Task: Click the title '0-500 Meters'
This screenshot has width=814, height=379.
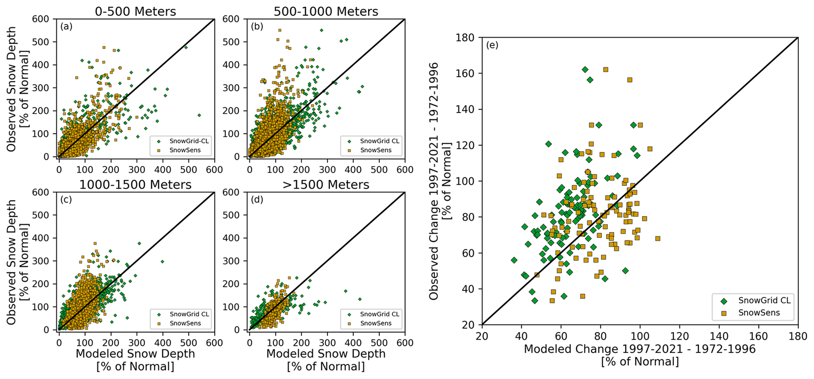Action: (135, 11)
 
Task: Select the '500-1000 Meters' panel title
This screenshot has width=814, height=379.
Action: (326, 11)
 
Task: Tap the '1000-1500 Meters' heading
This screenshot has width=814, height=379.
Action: (135, 185)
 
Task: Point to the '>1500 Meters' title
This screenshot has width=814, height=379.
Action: (326, 185)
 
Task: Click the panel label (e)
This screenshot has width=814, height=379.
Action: (492, 45)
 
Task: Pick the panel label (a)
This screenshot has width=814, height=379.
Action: (66, 26)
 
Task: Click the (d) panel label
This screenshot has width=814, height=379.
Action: (257, 200)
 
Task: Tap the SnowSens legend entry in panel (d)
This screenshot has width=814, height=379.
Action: (376, 323)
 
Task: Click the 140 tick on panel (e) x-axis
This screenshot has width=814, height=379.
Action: (719, 336)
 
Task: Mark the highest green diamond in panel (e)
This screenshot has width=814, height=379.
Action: (585, 70)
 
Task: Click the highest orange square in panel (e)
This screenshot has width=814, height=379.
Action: (606, 70)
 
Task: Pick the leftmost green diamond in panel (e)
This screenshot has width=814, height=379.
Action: (514, 260)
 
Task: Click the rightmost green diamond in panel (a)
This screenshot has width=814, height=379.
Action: (199, 115)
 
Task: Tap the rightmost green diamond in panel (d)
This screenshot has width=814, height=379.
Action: (360, 299)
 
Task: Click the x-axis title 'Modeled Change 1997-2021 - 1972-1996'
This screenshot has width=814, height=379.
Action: (640, 349)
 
